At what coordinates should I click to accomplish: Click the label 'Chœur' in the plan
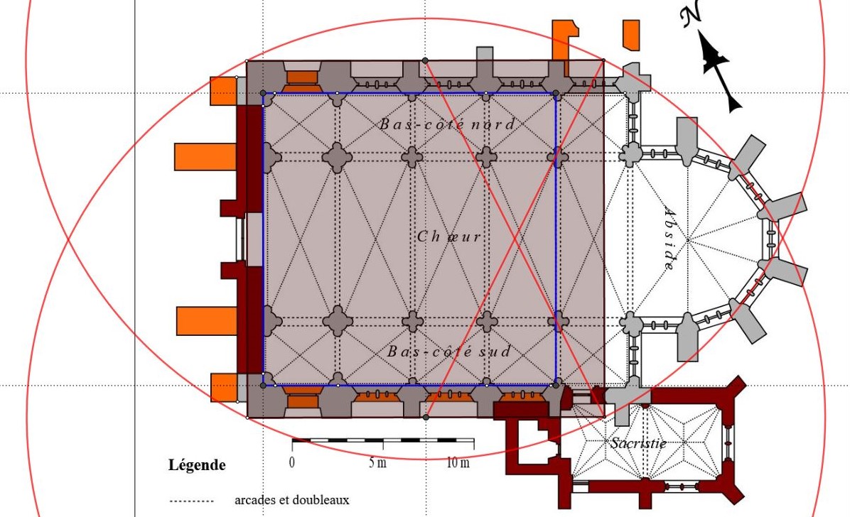[x=449, y=236]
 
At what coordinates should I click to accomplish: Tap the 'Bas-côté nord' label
[x=447, y=124]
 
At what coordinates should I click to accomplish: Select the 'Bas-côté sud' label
[x=449, y=351]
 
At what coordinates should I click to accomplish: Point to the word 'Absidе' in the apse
[x=670, y=239]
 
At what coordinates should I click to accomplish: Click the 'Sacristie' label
[x=638, y=442]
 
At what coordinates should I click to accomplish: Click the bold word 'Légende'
[x=197, y=465]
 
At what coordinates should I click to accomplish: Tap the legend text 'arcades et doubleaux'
[x=291, y=500]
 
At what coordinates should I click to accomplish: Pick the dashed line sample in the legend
[x=191, y=501]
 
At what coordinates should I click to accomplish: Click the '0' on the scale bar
[x=292, y=462]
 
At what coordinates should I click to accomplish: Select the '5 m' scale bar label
[x=378, y=462]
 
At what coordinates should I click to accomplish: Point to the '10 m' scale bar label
[x=458, y=462]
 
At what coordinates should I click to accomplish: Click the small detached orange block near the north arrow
[x=631, y=35]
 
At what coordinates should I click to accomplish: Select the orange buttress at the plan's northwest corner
[x=223, y=91]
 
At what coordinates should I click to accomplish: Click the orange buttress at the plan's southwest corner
[x=223, y=388]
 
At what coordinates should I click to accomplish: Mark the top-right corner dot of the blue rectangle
[x=556, y=94]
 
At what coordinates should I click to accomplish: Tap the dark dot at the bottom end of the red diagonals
[x=426, y=418]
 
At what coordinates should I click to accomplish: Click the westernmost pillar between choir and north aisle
[x=273, y=157]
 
